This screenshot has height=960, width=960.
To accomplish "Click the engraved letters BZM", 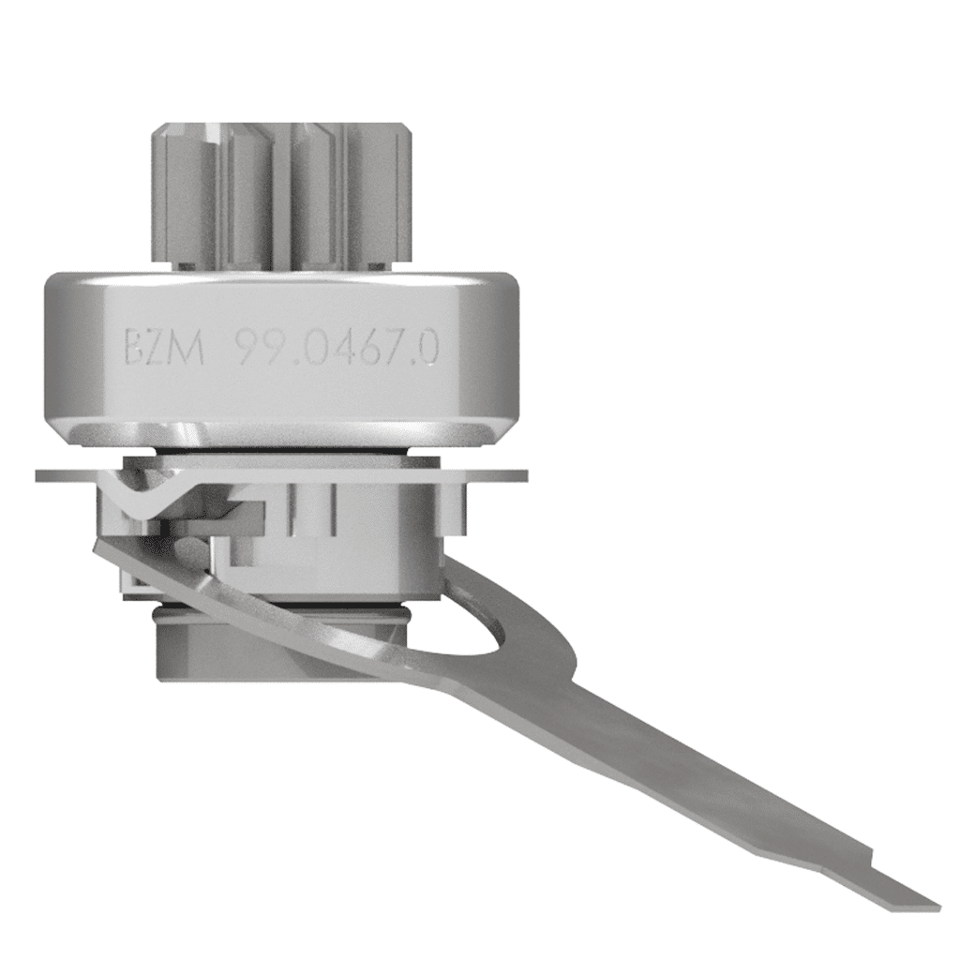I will click(x=164, y=347).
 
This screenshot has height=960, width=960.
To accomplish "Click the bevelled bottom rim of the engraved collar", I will click(x=281, y=434).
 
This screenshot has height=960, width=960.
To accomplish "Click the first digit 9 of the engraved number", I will click(x=246, y=347).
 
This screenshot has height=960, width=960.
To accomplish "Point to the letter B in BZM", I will click(x=138, y=347).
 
